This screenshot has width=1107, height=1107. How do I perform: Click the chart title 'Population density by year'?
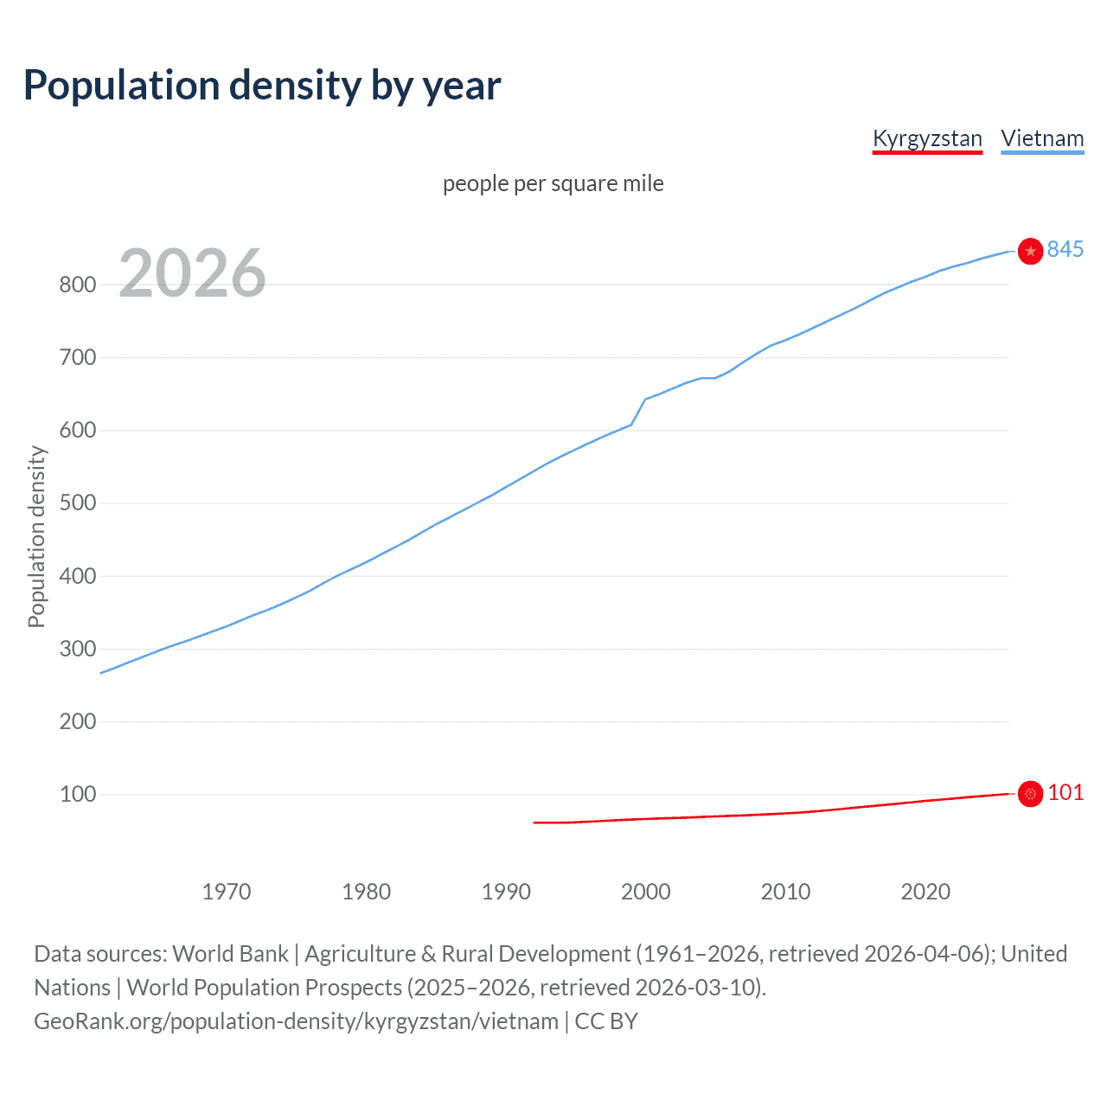click(x=262, y=86)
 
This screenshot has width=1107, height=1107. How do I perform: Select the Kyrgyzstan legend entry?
click(x=927, y=138)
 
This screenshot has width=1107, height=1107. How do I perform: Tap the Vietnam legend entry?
click(x=1042, y=138)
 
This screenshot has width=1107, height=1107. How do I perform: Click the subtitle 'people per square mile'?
click(x=553, y=183)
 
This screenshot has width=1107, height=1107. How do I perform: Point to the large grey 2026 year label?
click(x=192, y=273)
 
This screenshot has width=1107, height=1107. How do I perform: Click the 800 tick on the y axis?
click(x=77, y=285)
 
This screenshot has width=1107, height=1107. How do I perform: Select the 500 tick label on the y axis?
click(x=77, y=503)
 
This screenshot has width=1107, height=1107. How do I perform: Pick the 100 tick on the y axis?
click(x=77, y=794)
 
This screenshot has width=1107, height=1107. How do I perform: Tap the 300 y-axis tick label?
click(x=77, y=649)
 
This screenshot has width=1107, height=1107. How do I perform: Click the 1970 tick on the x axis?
click(x=227, y=892)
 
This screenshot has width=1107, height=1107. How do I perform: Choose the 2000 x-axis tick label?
click(x=645, y=892)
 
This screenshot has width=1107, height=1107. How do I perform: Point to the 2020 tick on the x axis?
click(x=925, y=892)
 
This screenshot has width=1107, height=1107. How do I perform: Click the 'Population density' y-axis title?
click(x=36, y=536)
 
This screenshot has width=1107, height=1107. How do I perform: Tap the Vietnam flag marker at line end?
click(x=1030, y=251)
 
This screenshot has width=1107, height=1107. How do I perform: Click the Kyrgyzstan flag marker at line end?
click(x=1030, y=793)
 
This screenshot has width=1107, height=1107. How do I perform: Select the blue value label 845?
click(x=1065, y=249)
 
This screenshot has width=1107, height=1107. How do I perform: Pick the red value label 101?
click(x=1065, y=792)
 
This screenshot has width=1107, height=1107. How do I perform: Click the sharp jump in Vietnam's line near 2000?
click(x=638, y=412)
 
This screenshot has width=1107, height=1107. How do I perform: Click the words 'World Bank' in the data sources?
click(x=230, y=954)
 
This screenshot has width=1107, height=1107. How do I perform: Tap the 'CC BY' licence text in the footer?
click(x=606, y=1021)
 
